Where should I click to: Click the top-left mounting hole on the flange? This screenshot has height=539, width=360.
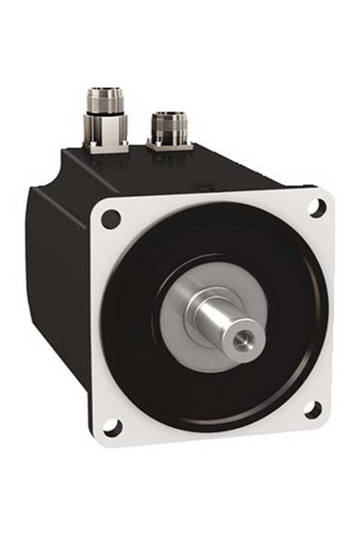(x=111, y=217)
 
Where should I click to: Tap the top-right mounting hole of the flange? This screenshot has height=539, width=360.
(x=316, y=207)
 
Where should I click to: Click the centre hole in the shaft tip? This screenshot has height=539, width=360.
(x=244, y=342)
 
